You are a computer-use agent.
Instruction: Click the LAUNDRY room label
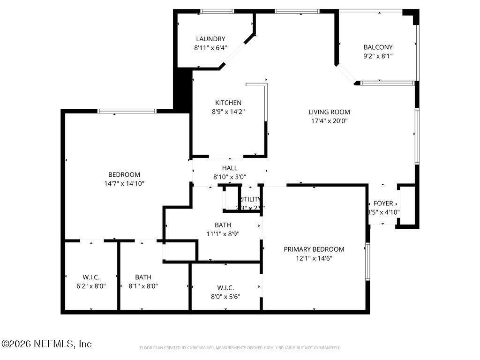click(210, 39)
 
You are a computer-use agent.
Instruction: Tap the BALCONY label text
click(378, 47)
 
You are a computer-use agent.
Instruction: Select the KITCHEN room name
click(228, 103)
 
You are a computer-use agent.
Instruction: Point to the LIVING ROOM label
click(329, 112)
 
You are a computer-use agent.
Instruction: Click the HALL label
click(230, 168)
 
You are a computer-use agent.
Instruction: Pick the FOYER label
click(383, 203)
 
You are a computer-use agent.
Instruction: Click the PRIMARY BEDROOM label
click(314, 249)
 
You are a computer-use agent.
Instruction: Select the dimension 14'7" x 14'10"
click(124, 183)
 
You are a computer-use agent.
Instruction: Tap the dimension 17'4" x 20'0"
click(329, 120)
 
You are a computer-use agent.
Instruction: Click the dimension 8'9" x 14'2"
click(228, 112)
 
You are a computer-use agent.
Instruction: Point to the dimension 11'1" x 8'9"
click(223, 233)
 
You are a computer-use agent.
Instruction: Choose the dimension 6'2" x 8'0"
click(91, 286)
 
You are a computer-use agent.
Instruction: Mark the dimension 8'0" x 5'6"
click(225, 296)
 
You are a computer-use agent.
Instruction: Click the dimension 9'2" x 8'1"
click(378, 56)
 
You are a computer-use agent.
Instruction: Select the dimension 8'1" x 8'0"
click(143, 286)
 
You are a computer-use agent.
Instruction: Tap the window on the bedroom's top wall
click(127, 111)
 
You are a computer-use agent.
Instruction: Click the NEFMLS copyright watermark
click(46, 344)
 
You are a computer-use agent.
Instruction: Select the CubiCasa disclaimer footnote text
click(240, 348)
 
